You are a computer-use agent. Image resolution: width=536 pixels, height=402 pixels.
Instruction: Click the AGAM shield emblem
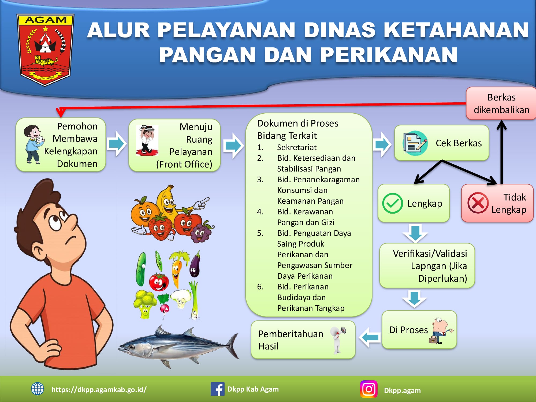pos(45,50)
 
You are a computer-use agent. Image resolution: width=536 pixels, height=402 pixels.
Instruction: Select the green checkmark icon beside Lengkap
pos(392,203)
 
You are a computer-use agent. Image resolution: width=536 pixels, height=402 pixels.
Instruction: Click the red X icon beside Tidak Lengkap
pos(478,203)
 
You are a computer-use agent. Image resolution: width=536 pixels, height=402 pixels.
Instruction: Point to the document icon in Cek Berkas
pos(415,143)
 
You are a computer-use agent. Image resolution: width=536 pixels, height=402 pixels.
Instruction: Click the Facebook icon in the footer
pos(217,389)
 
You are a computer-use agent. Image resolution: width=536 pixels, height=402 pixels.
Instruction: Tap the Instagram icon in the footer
pos(369,389)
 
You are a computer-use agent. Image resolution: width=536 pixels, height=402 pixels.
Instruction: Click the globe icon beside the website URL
pos(38,389)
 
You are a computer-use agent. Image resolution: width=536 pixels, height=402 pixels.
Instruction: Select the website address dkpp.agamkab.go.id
pos(99,389)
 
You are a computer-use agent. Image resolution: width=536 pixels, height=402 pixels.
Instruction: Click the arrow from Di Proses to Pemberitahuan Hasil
pos(370,337)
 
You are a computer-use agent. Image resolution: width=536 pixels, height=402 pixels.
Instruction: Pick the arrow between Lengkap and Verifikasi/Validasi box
pos(415,233)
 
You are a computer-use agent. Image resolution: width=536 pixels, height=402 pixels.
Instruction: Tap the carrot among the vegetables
pos(177,268)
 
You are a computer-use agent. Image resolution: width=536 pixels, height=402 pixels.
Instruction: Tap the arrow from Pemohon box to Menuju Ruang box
pos(117,144)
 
